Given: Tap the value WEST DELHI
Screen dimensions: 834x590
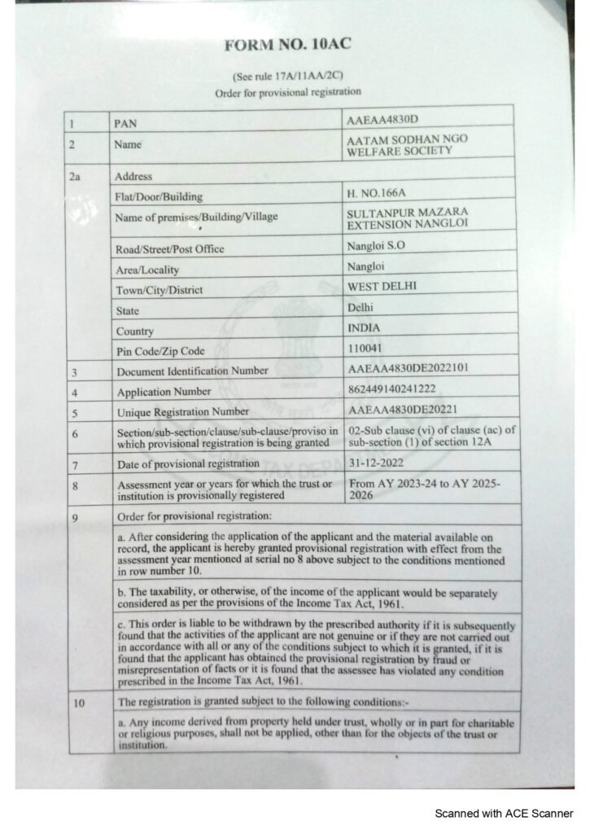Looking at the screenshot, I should [x=382, y=287].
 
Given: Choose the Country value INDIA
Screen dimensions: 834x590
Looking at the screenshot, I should [x=367, y=327].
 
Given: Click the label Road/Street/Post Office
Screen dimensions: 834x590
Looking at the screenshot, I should [x=170, y=248].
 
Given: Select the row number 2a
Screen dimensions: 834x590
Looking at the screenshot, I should [x=76, y=176].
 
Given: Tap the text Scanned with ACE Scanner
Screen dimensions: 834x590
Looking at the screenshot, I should [x=505, y=813].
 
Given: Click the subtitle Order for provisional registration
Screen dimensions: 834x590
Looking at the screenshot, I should [x=287, y=93].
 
